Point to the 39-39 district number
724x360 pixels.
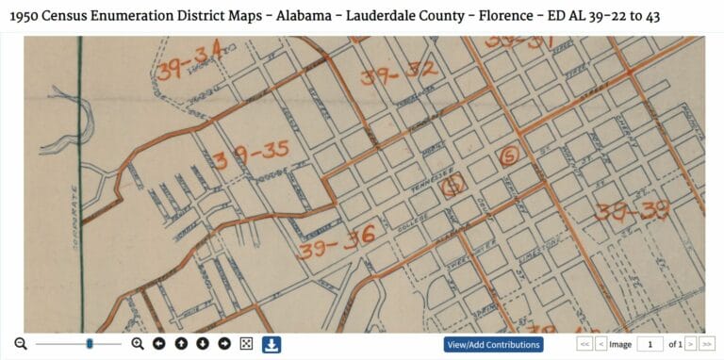coord(631,209)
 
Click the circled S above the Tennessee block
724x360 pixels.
coord(510,155)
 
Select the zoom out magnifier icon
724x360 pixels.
coord(21,344)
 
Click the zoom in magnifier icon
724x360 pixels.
coord(138,344)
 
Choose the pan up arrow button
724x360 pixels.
coord(181,344)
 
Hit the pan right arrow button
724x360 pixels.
coord(224,344)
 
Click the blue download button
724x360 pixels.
coord(271,344)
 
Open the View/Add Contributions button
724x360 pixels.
coord(494,345)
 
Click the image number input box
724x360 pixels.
coord(650,345)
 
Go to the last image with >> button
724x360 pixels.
coord(708,345)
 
